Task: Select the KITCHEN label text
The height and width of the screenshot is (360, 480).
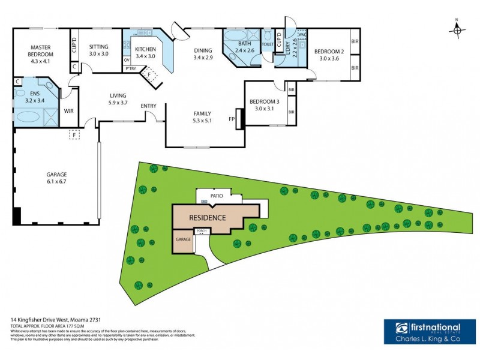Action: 146,49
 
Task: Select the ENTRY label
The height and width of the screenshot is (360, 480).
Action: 148,106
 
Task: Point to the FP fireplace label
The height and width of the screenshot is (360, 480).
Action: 232,119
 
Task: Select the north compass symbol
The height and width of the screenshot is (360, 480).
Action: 457,29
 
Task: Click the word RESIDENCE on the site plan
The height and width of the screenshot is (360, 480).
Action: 207,218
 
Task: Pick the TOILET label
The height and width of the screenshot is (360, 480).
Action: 268,44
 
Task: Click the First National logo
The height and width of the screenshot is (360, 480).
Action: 427,332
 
